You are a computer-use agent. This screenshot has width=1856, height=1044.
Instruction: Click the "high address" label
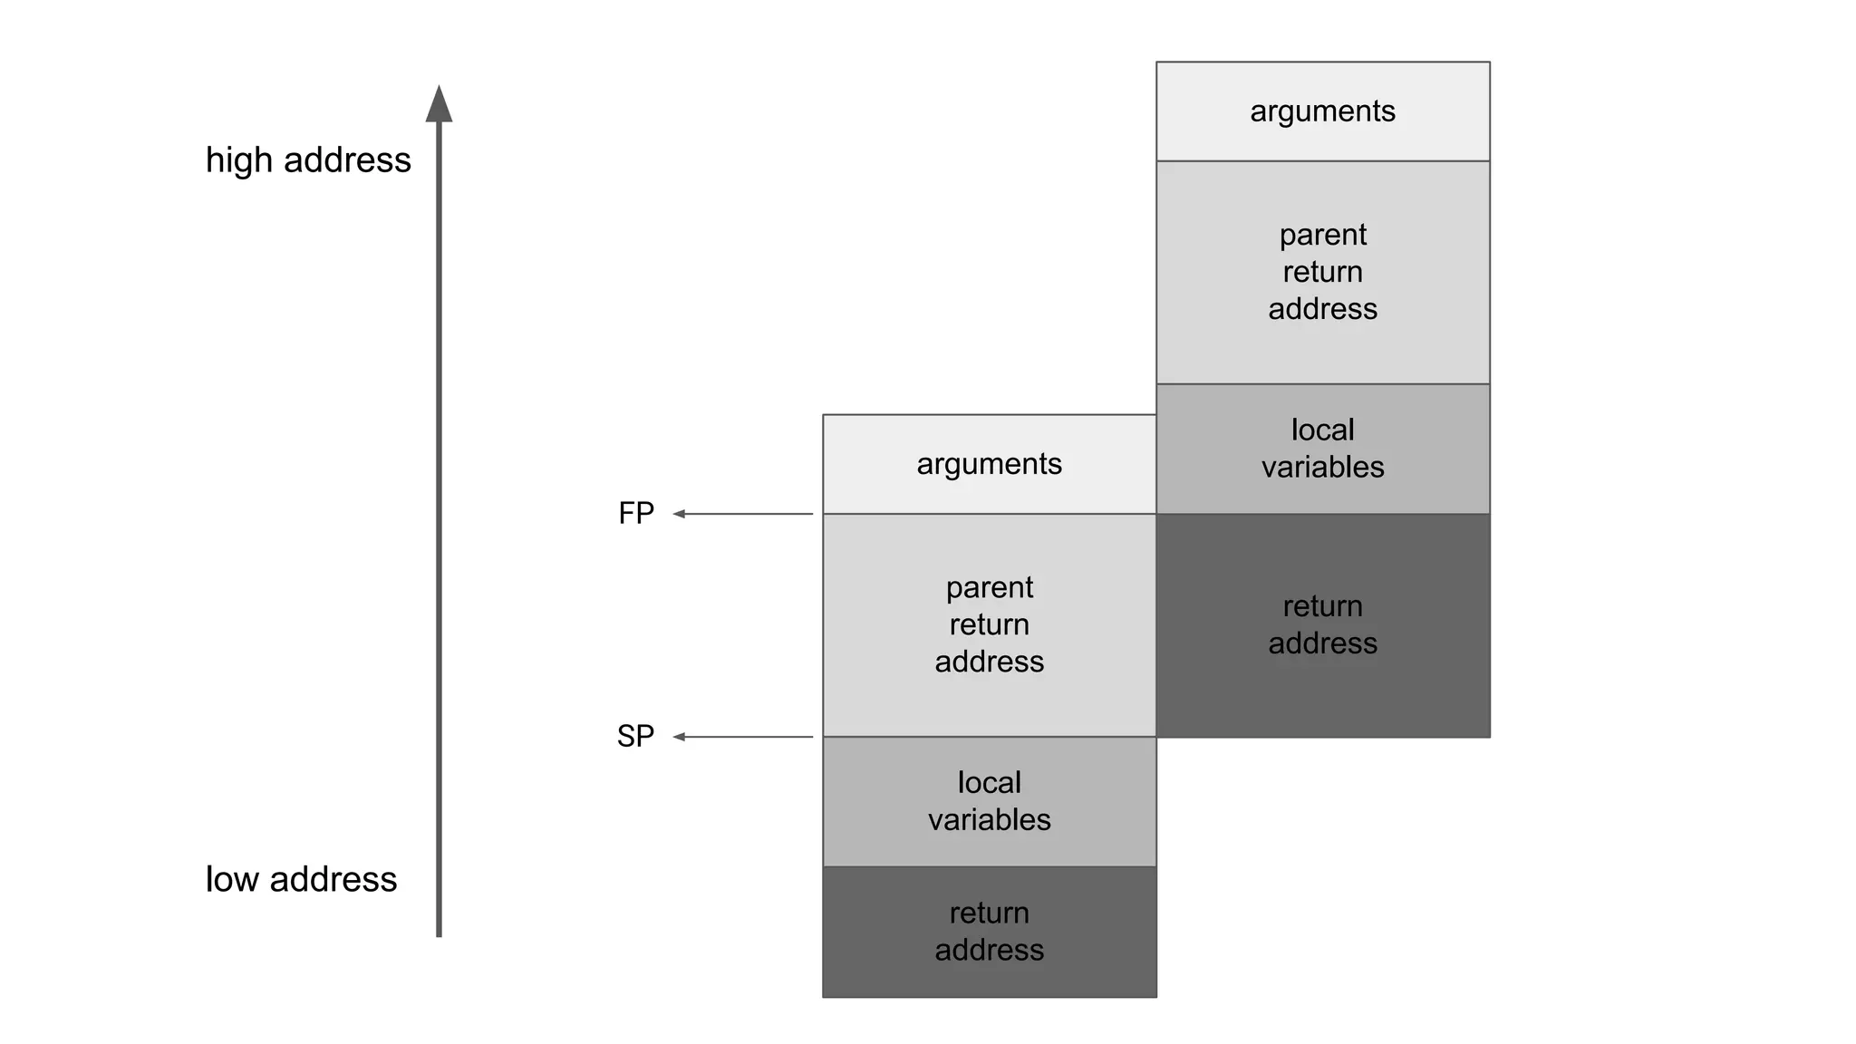click(x=308, y=160)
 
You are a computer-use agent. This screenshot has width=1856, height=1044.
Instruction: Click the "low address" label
click(x=301, y=879)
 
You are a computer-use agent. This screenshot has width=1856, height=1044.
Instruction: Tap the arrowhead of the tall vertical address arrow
click(x=439, y=103)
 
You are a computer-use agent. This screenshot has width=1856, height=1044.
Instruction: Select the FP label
click(x=636, y=514)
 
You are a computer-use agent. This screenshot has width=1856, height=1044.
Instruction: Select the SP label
click(x=635, y=736)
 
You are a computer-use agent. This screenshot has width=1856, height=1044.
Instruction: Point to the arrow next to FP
click(x=742, y=514)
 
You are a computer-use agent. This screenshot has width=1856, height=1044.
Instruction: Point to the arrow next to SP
click(x=742, y=737)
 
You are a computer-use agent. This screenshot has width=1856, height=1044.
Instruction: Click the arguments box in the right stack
click(x=1322, y=111)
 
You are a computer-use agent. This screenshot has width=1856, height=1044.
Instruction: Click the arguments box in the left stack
click(x=989, y=464)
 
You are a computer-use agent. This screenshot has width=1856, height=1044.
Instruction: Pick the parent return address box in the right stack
click(x=1322, y=272)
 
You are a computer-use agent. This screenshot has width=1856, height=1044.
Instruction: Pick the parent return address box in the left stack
click(x=989, y=624)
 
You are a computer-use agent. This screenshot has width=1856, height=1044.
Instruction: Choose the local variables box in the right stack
click(x=1322, y=449)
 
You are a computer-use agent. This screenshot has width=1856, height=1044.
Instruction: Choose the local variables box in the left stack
click(x=989, y=801)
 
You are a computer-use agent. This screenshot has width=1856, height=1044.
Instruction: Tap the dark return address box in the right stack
click(x=1322, y=624)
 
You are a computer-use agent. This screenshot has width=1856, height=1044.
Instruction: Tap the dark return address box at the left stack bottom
click(x=989, y=932)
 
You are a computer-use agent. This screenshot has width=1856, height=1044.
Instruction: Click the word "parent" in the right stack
click(x=1322, y=235)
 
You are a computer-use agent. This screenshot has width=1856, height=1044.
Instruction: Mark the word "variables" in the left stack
click(x=989, y=820)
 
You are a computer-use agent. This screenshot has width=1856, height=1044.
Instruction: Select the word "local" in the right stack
click(x=1322, y=430)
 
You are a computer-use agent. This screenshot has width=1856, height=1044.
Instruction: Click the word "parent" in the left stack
click(x=989, y=587)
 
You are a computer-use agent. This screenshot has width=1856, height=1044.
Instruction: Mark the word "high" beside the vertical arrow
click(x=239, y=160)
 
